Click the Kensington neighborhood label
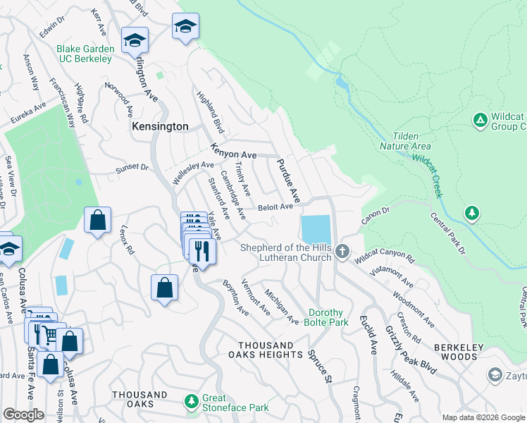(161, 126)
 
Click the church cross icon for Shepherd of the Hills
(342, 252)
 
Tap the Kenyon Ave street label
(234, 151)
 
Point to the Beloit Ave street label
(275, 207)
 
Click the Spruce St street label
(318, 367)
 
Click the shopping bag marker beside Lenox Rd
(97, 219)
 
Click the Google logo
(23, 415)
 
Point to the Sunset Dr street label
(132, 168)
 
